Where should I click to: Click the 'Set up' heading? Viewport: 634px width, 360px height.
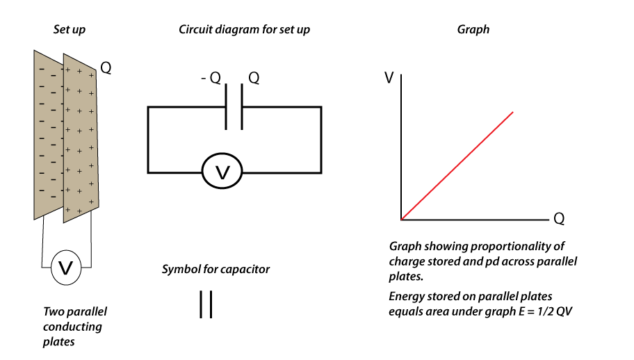pyautogui.click(x=70, y=30)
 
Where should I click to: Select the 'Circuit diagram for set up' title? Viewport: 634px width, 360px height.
pyautogui.click(x=244, y=30)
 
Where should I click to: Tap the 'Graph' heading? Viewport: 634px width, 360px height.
pyautogui.click(x=473, y=30)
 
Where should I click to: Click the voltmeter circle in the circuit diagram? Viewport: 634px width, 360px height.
pyautogui.click(x=222, y=172)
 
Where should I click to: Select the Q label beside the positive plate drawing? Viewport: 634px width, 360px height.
pyautogui.click(x=106, y=68)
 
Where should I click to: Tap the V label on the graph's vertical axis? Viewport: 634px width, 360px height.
pyautogui.click(x=389, y=77)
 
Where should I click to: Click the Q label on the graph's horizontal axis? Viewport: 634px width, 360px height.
pyautogui.click(x=558, y=219)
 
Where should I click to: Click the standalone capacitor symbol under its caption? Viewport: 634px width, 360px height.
pyautogui.click(x=206, y=304)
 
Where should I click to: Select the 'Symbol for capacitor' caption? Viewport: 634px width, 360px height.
pyautogui.click(x=216, y=269)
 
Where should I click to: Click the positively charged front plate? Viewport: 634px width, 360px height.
pyautogui.click(x=81, y=139)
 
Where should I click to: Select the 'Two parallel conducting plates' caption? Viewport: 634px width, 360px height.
pyautogui.click(x=74, y=327)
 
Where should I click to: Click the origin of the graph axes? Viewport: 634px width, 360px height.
pyautogui.click(x=402, y=220)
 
